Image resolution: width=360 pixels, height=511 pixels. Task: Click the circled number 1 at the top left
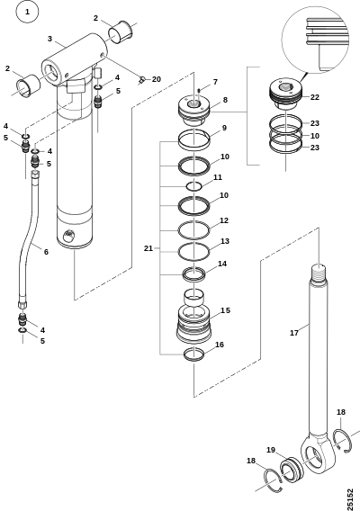pos(27,12)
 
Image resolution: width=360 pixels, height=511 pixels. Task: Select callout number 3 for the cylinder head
pos(49,39)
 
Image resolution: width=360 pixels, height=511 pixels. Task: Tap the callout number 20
pos(157,79)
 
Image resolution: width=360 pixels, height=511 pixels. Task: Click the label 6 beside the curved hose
pos(46,252)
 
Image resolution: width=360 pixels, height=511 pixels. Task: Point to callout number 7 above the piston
pos(215,82)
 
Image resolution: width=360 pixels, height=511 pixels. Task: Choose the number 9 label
pos(224,128)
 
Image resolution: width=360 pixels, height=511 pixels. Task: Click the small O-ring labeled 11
pos(194,186)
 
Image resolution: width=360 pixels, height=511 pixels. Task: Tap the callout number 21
pos(148,248)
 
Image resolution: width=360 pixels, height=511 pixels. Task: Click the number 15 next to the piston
pos(225,310)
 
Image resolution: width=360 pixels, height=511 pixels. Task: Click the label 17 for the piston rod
pos(294,333)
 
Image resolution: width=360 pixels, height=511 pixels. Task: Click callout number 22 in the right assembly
pos(315,97)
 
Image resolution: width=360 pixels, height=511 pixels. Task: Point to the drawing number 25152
pos(349,499)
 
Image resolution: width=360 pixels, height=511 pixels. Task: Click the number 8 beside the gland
pos(225,100)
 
